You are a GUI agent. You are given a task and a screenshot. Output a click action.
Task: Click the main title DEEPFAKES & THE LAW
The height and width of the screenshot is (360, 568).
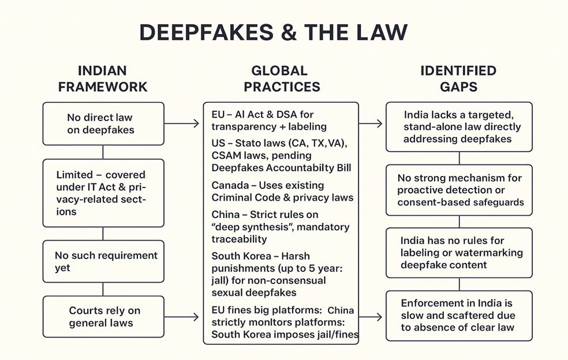273,33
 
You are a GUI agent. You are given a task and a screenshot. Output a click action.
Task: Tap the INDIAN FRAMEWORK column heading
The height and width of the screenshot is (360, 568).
103,79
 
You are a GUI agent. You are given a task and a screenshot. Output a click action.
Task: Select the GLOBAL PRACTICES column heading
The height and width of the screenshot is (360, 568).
281,79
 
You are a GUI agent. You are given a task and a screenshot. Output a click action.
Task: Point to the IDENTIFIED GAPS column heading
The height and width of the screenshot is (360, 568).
458,79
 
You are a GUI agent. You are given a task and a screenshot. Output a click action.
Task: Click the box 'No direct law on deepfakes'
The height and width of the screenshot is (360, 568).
103,123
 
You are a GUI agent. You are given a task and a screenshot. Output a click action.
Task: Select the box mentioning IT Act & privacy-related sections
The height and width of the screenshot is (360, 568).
103,193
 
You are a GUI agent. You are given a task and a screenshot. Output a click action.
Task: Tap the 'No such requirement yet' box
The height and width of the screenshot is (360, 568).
103,261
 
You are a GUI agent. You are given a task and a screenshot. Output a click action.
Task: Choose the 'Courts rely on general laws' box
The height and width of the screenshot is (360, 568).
103,317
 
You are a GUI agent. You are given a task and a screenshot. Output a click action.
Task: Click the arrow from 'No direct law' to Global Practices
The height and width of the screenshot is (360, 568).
182,123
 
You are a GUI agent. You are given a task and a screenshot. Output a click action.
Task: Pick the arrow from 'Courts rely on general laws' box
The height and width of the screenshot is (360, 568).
182,317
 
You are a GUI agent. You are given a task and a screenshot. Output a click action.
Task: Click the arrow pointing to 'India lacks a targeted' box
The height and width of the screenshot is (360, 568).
371,123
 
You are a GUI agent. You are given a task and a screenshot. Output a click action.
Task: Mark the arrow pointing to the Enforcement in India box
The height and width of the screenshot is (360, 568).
371,317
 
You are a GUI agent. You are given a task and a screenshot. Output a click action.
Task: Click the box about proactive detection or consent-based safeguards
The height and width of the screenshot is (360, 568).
459,190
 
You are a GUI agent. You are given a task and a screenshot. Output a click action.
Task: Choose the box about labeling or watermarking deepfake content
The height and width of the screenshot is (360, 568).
459,253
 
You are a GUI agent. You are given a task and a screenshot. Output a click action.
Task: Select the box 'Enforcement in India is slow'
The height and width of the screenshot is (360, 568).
459,316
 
